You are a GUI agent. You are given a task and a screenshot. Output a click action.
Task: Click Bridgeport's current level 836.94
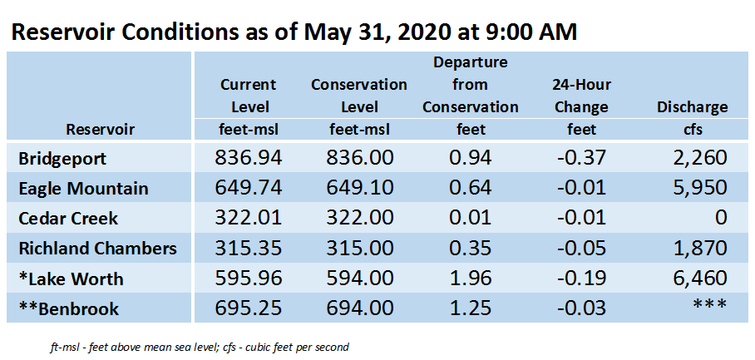pyautogui.click(x=248, y=158)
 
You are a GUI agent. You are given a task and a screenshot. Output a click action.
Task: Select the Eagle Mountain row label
pyautogui.click(x=83, y=188)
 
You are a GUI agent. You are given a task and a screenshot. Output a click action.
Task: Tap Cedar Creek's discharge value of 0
pyautogui.click(x=720, y=218)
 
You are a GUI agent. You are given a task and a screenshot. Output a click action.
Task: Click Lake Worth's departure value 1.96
pyautogui.click(x=470, y=279)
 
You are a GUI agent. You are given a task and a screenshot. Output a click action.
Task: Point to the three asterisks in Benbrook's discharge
pyautogui.click(x=710, y=305)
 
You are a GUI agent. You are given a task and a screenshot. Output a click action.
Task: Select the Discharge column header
pyautogui.click(x=693, y=107)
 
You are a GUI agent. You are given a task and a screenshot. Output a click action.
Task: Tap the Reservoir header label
pyautogui.click(x=100, y=129)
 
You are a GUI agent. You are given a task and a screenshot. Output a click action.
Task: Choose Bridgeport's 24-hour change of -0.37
pyautogui.click(x=581, y=158)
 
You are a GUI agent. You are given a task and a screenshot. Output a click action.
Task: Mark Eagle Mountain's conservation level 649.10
pyautogui.click(x=359, y=188)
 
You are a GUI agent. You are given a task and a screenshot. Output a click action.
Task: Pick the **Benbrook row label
pyautogui.click(x=68, y=309)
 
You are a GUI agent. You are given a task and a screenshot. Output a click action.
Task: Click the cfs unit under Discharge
pyautogui.click(x=693, y=129)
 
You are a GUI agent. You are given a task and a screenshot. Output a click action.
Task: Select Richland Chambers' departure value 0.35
pyautogui.click(x=470, y=249)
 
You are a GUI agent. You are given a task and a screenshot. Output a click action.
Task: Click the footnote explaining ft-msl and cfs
pyautogui.click(x=199, y=347)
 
